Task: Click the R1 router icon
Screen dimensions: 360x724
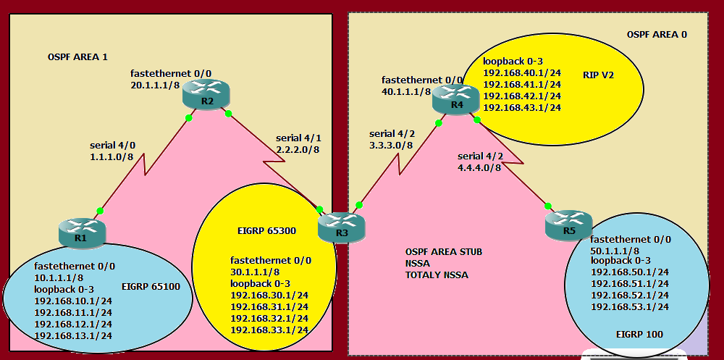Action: [80, 232]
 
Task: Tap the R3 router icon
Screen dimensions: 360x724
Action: [342, 227]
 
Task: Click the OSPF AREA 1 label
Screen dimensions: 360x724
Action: [77, 56]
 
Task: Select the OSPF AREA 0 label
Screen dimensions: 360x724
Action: [657, 34]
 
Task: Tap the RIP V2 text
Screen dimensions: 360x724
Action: [598, 74]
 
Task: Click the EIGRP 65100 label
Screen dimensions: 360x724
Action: [151, 287]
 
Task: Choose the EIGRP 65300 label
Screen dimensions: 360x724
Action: [266, 232]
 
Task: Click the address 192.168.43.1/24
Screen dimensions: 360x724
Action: [522, 108]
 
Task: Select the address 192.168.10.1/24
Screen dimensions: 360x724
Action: [73, 300]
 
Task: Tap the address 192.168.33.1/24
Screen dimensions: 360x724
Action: [269, 330]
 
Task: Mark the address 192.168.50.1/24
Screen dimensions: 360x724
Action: [629, 272]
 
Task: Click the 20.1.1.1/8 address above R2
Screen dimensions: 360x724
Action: [154, 85]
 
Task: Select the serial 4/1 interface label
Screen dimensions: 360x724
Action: [298, 138]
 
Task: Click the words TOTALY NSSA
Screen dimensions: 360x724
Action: [437, 275]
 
